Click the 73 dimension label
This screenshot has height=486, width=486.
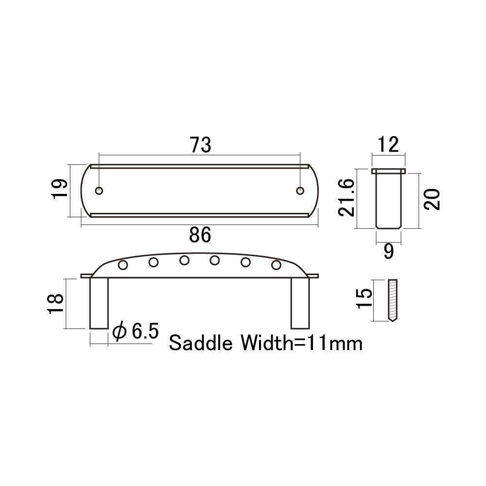[201, 145]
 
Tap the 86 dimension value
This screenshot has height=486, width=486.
[200, 235]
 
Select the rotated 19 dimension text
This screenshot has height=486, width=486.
[59, 190]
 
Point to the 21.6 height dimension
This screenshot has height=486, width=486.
[346, 198]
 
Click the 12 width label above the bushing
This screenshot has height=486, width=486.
[388, 144]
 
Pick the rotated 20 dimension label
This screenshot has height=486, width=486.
[432, 200]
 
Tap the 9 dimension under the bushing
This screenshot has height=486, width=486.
[389, 251]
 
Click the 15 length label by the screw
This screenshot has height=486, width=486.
[364, 298]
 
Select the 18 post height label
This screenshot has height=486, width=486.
[56, 304]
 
